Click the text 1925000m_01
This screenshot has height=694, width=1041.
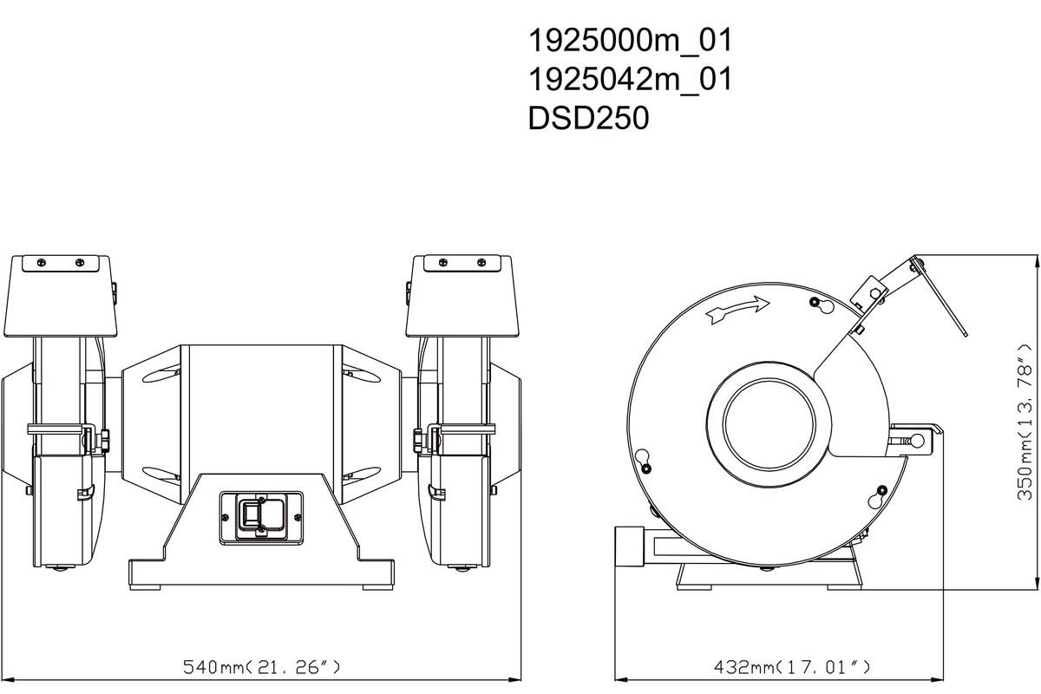pos(630,41)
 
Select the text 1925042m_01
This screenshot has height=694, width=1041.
pos(630,80)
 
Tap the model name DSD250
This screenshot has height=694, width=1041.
pos(588,118)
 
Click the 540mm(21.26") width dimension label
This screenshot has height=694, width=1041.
pos(261,667)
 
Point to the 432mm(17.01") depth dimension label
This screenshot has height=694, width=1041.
pos(791,667)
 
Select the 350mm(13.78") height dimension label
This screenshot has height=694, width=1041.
pos(1025,422)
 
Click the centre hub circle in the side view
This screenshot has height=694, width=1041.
pos(769,425)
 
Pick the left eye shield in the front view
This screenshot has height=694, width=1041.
pos(61,296)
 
